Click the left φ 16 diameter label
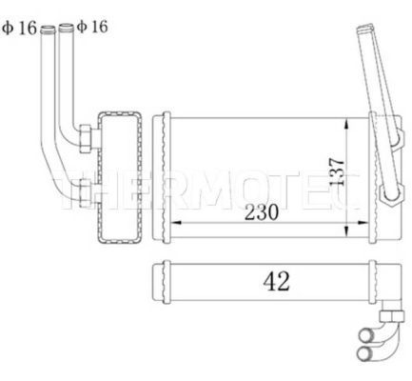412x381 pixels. click(20, 27)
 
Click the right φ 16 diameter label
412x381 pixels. click(92, 27)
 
